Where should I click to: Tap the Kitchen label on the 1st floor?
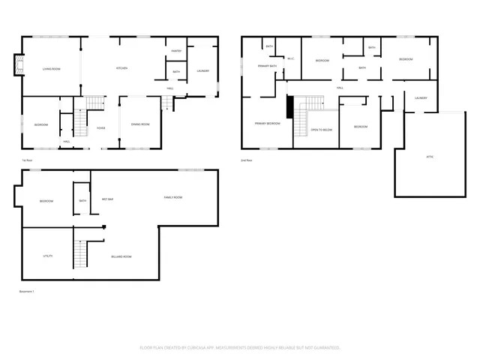point(121,68)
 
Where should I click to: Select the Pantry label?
point(176,51)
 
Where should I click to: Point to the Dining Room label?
point(140,124)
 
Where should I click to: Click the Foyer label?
point(100,128)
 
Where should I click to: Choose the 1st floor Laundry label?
point(202,71)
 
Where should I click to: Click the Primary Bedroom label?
point(267,124)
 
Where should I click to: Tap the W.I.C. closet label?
point(290,58)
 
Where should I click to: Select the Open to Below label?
point(321,130)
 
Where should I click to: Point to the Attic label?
point(430,156)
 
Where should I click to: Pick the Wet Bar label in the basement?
point(107,199)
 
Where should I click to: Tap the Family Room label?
point(173,197)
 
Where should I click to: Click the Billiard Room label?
point(121,256)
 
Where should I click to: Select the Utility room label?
point(47,256)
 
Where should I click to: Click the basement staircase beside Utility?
point(79,255)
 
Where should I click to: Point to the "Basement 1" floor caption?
point(27,291)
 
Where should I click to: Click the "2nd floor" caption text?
point(246,160)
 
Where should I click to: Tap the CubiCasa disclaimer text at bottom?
point(240,347)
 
